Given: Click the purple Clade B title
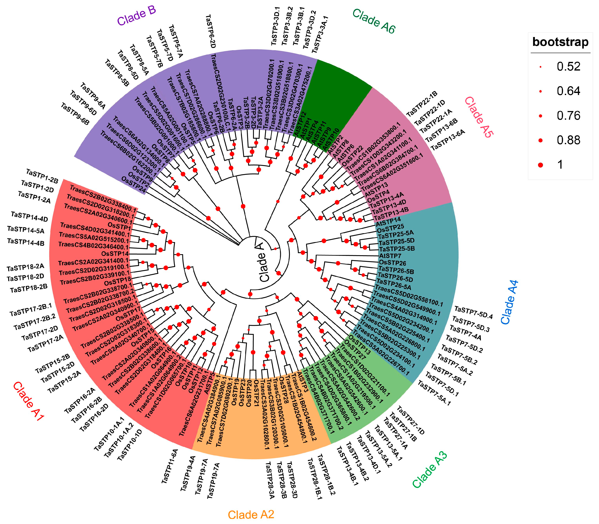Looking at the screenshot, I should click(136, 16).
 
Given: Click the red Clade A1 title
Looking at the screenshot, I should click(28, 401).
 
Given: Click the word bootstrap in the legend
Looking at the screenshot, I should click(560, 42).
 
